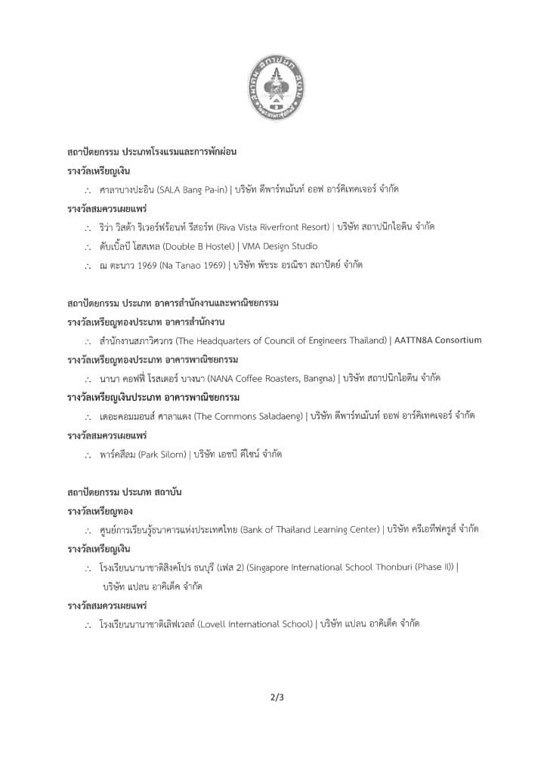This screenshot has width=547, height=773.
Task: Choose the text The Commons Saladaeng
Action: pyautogui.click(x=250, y=416)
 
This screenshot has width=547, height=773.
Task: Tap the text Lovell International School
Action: pyautogui.click(x=256, y=624)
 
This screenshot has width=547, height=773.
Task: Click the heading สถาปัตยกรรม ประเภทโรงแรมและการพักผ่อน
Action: pyautogui.click(x=152, y=152)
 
